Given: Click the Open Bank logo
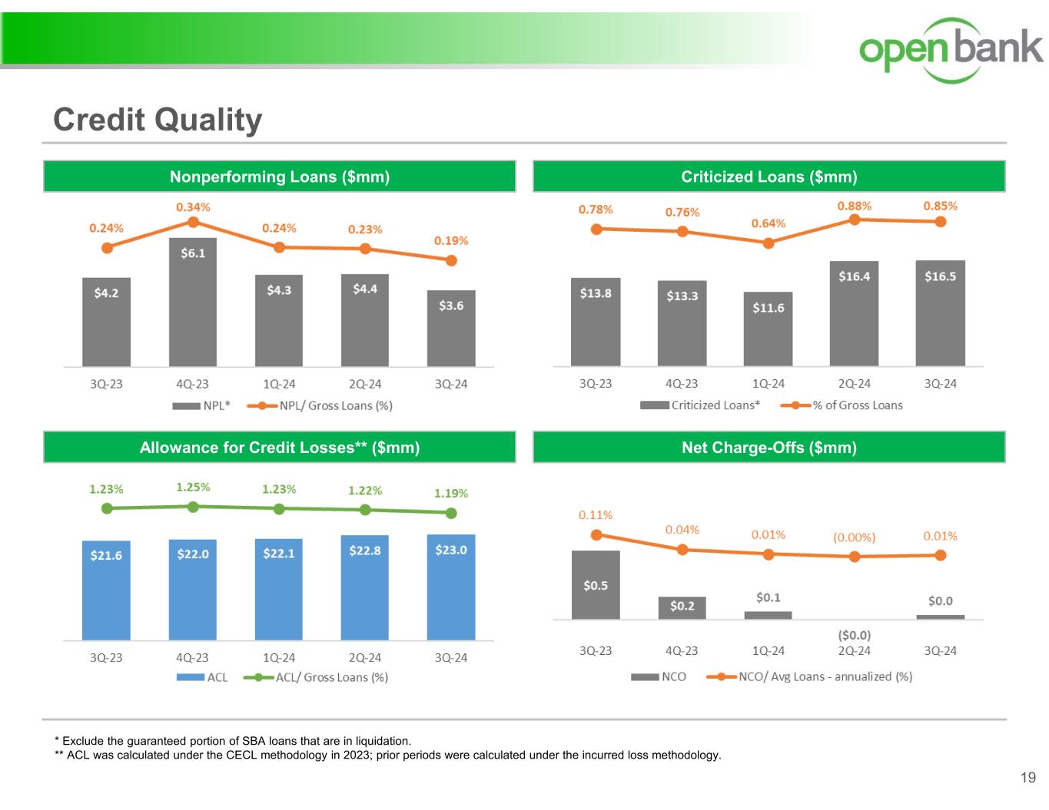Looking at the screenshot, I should click(x=951, y=48).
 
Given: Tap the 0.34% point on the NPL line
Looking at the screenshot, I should click(x=194, y=222).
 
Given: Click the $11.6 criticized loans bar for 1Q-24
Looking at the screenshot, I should click(x=768, y=329).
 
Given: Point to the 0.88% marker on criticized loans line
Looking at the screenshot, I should click(x=854, y=220).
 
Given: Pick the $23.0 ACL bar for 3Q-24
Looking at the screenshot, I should click(x=451, y=587).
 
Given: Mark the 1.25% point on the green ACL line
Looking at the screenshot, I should click(x=194, y=507).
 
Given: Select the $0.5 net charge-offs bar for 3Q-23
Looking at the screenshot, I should click(x=596, y=584).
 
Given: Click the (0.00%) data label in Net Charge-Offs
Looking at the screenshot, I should click(x=854, y=537).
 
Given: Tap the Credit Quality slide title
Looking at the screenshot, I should click(x=158, y=120).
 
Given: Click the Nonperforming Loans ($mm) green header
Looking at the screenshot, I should click(x=280, y=177).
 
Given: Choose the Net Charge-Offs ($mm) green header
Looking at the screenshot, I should click(x=768, y=448).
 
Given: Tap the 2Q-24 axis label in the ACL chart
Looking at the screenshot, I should click(x=365, y=658).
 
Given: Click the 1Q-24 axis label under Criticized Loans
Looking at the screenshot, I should click(x=768, y=384).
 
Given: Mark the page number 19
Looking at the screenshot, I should click(x=1027, y=779).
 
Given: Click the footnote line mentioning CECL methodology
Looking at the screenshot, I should click(x=388, y=755).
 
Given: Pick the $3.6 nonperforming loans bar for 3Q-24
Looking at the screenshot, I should click(x=451, y=328).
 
